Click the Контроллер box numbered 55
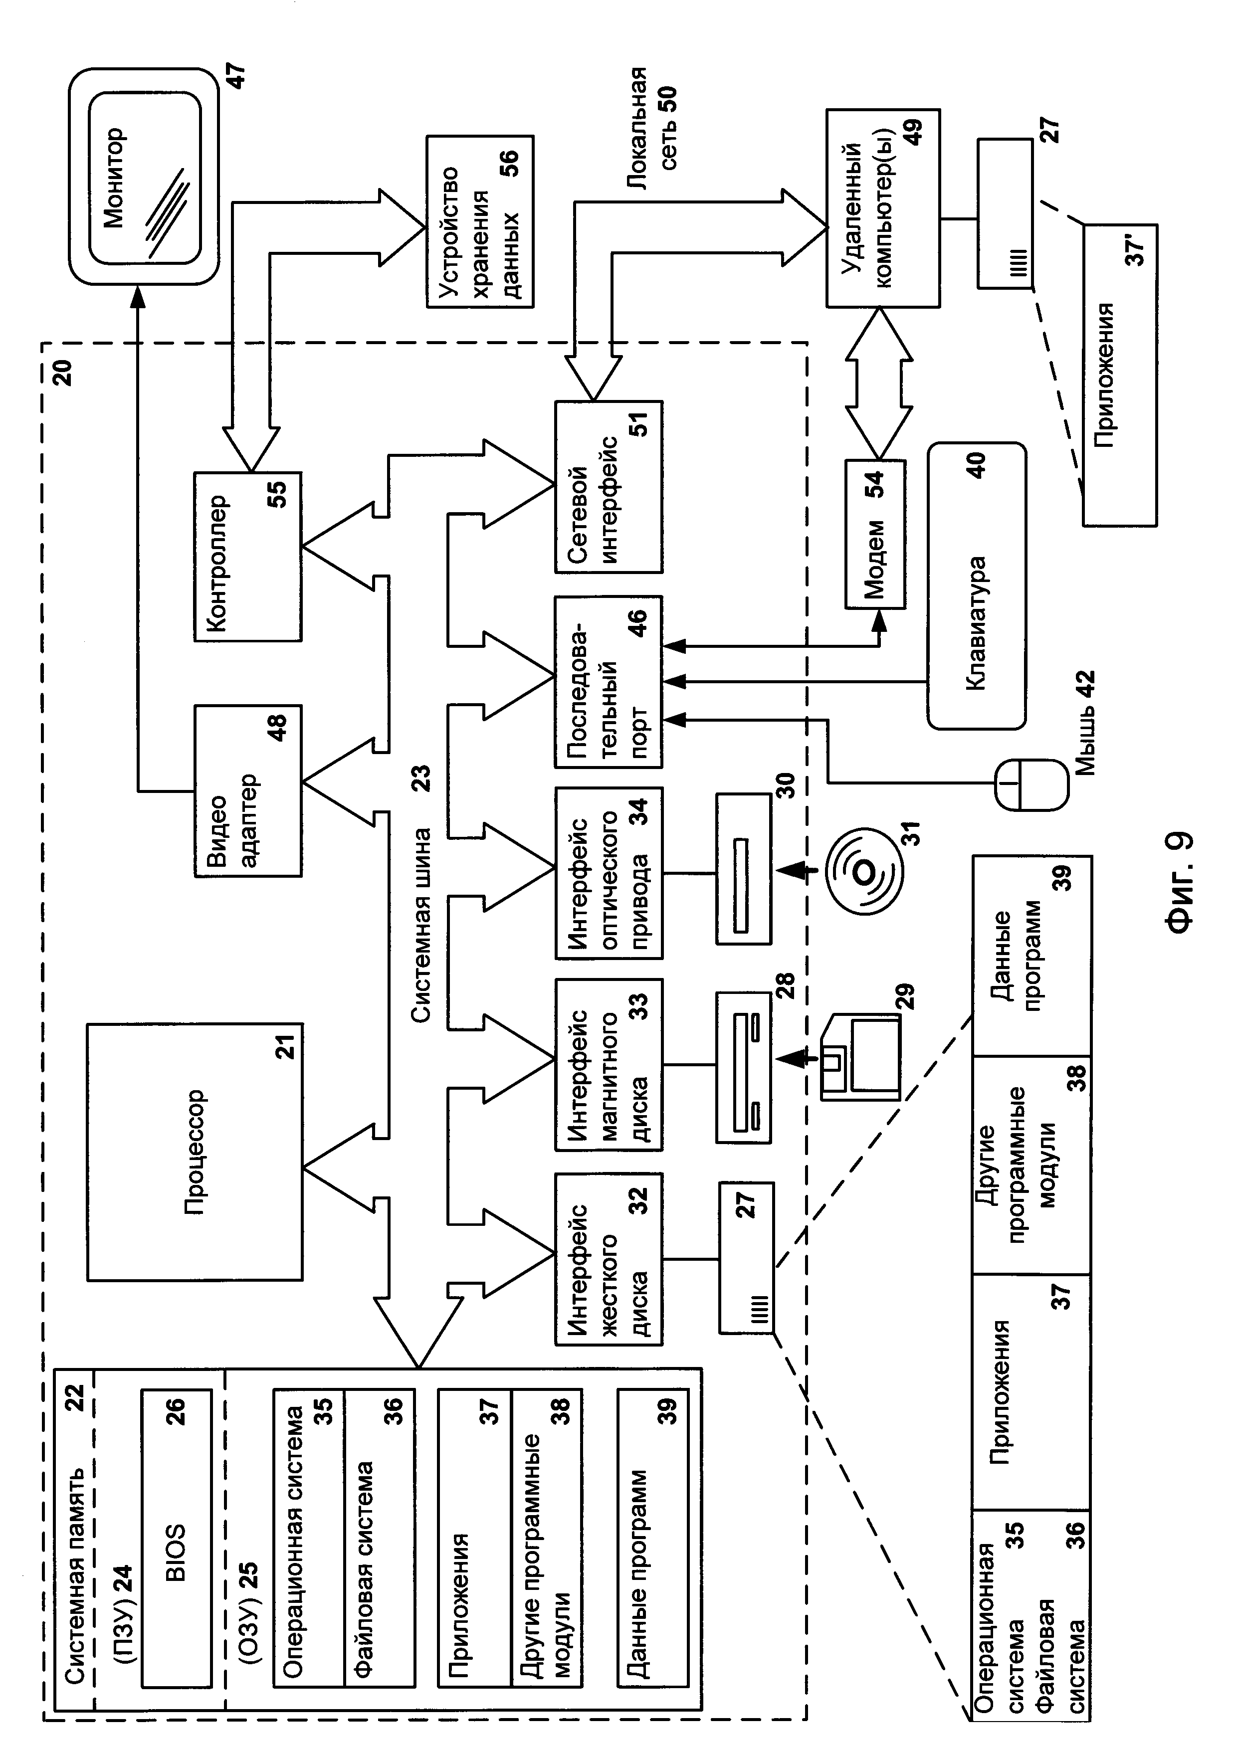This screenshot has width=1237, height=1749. click(247, 556)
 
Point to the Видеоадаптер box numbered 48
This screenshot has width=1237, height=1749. click(247, 790)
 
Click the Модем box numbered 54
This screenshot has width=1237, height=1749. click(875, 533)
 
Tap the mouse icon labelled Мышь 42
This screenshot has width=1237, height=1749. click(1031, 784)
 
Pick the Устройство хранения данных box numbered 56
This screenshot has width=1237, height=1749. click(480, 221)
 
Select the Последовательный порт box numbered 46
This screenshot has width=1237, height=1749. click(609, 681)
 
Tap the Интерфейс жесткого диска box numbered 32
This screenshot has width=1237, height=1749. click(609, 1258)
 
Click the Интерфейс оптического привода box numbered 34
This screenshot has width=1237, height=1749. click(609, 872)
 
